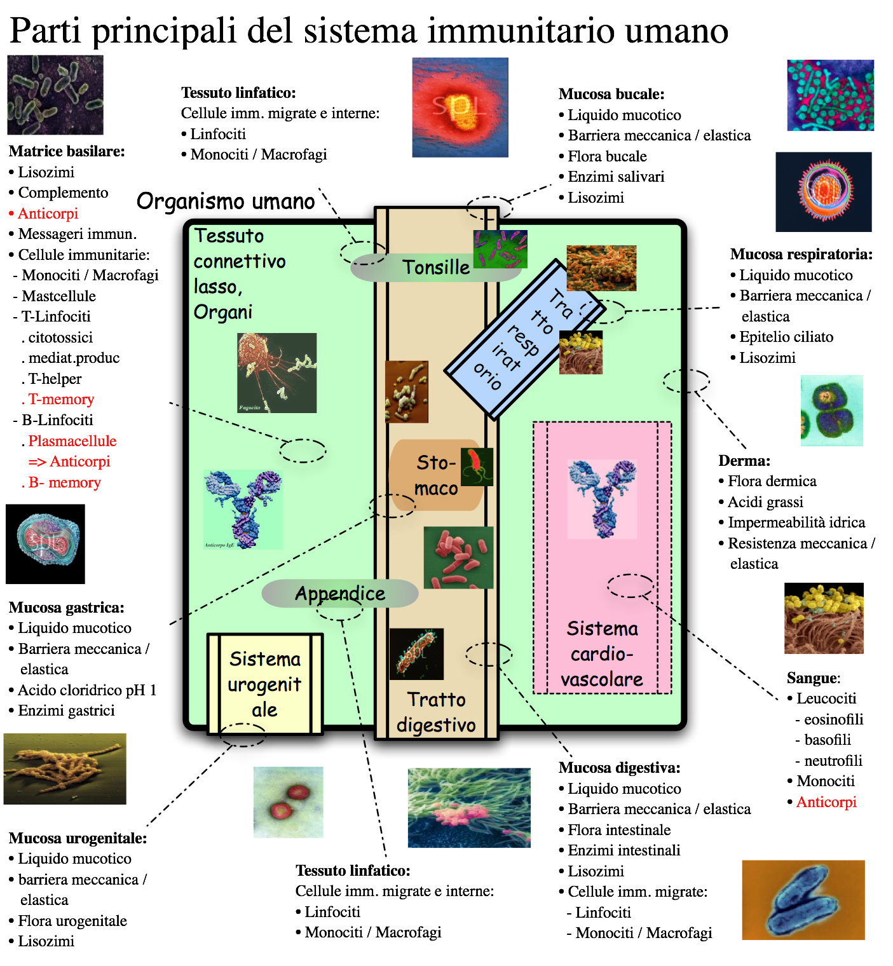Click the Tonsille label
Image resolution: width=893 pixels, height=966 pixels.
coord(436,268)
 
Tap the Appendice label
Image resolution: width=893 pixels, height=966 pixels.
coord(340,594)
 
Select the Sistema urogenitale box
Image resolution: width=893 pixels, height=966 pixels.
coord(264,684)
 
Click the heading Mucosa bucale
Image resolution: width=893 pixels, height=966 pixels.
coord(611,95)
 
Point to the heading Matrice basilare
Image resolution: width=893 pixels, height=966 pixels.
coord(67,151)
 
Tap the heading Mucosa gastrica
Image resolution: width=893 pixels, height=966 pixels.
coord(67,608)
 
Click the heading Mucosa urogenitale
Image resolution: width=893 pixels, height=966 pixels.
coord(78,838)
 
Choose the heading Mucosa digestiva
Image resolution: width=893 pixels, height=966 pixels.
coord(619,768)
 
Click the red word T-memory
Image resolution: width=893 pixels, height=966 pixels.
coord(61,400)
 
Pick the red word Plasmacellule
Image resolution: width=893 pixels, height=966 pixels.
coord(72,441)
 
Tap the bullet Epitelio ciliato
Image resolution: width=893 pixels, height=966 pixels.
coord(786,337)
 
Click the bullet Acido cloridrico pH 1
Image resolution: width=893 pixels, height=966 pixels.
coord(87,690)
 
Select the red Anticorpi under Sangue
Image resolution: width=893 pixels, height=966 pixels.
coord(826,802)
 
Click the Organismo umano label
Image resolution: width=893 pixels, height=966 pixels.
coord(226,201)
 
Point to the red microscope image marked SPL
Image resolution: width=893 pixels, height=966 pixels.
coord(460,107)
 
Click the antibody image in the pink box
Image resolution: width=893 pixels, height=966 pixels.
coord(602,499)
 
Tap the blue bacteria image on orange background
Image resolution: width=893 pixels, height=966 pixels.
coord(803,899)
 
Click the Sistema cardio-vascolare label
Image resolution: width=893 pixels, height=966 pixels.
coord(602,654)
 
